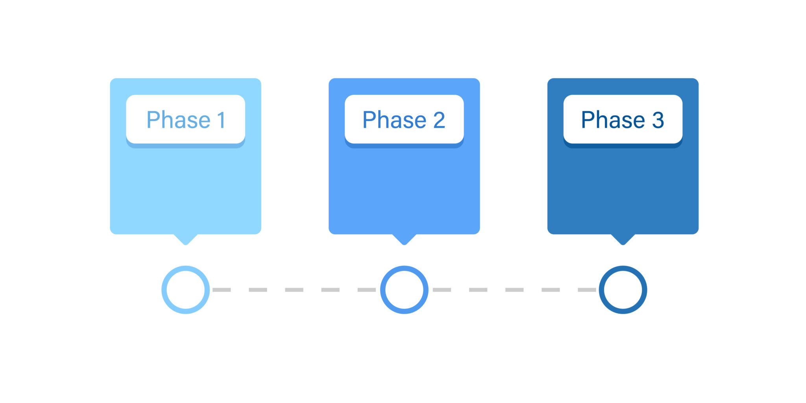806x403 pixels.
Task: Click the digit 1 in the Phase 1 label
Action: [222, 120]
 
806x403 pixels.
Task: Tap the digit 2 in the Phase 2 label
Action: [439, 120]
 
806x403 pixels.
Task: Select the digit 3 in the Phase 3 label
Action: [658, 120]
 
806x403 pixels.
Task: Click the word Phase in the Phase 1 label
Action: [179, 120]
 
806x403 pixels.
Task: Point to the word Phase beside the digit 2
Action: [394, 120]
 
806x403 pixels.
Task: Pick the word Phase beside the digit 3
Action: [613, 120]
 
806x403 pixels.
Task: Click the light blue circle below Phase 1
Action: [186, 290]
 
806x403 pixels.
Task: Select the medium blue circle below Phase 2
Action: [404, 290]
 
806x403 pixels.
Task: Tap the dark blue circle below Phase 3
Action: [623, 290]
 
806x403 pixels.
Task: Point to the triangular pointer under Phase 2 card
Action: [404, 239]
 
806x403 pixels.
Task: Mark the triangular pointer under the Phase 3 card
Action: [623, 239]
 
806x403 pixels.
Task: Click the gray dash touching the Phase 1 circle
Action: [222, 290]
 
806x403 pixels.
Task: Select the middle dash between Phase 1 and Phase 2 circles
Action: [294, 290]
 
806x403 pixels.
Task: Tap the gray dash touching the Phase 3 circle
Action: [587, 290]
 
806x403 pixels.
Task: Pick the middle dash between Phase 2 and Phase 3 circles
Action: [514, 290]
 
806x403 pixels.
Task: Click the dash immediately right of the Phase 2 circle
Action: [442, 290]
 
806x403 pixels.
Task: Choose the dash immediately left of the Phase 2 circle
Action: [366, 290]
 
